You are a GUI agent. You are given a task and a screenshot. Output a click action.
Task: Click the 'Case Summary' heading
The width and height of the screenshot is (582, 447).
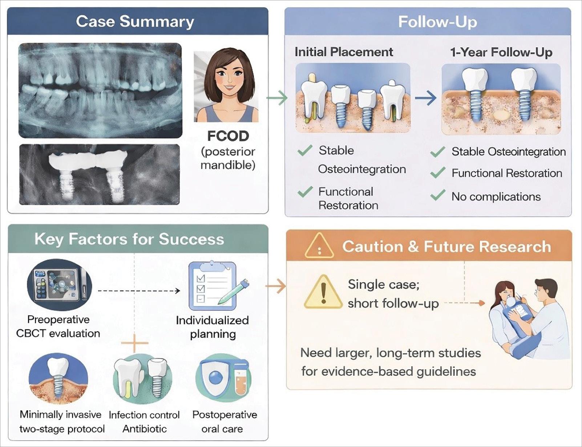point(135,21)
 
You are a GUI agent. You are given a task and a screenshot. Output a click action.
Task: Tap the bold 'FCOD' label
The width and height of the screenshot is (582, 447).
point(228,136)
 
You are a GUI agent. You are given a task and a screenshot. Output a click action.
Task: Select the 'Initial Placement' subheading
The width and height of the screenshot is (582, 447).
point(344,52)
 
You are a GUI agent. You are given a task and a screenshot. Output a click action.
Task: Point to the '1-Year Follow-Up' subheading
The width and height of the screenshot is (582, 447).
point(501,52)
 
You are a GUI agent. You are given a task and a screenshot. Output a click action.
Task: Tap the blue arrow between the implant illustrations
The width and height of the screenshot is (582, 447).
point(426,98)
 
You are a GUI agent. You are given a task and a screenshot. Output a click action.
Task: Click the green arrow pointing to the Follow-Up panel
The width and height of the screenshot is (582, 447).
point(277,98)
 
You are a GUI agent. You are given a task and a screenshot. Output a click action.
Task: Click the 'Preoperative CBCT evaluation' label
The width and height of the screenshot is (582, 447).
point(58,326)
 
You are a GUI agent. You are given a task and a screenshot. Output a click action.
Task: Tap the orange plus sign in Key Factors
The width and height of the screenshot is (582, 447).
point(134,343)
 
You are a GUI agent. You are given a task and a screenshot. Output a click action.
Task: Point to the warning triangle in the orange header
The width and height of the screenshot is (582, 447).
point(319,246)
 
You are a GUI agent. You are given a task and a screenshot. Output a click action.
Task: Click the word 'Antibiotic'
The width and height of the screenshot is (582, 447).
point(145,429)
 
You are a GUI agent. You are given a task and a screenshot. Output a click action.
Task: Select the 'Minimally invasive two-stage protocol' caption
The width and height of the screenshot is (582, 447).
point(62,422)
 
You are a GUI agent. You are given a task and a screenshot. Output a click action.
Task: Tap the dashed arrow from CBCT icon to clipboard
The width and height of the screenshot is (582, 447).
point(139,291)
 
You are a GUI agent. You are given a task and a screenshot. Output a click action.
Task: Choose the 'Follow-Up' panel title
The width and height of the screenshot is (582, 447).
point(437,21)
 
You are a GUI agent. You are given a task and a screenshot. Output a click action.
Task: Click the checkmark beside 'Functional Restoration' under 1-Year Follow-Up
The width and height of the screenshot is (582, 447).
point(438,172)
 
